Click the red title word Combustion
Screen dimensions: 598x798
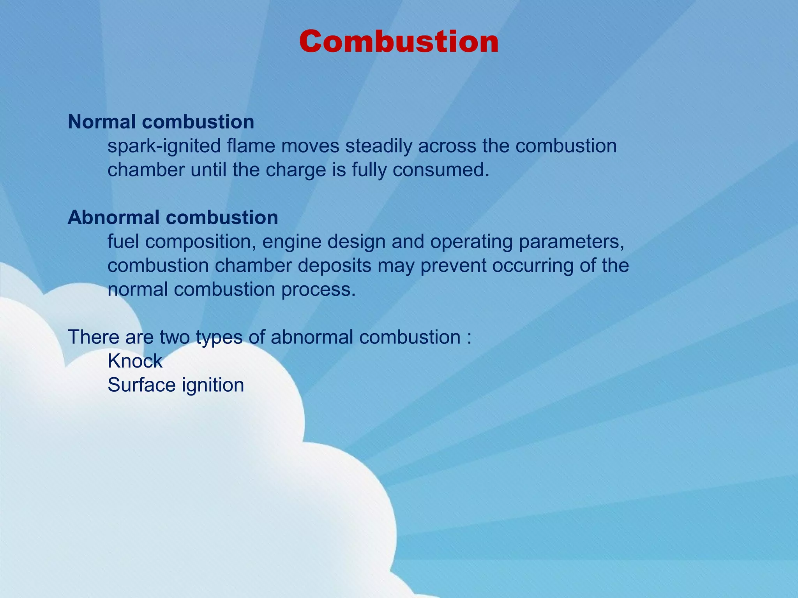[399, 42]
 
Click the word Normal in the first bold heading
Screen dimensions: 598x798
[102, 122]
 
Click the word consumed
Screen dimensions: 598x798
[441, 170]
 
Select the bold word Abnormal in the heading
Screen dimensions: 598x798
[113, 217]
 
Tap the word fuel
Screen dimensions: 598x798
[123, 241]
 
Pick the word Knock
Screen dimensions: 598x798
[135, 361]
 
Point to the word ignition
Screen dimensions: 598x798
[213, 386]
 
